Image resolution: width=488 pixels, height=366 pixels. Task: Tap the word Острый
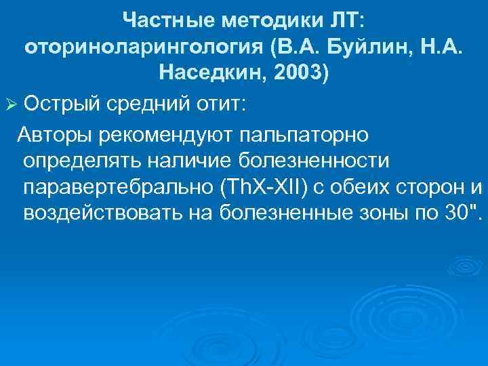click(x=60, y=104)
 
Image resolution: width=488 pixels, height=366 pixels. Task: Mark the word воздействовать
click(x=102, y=213)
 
